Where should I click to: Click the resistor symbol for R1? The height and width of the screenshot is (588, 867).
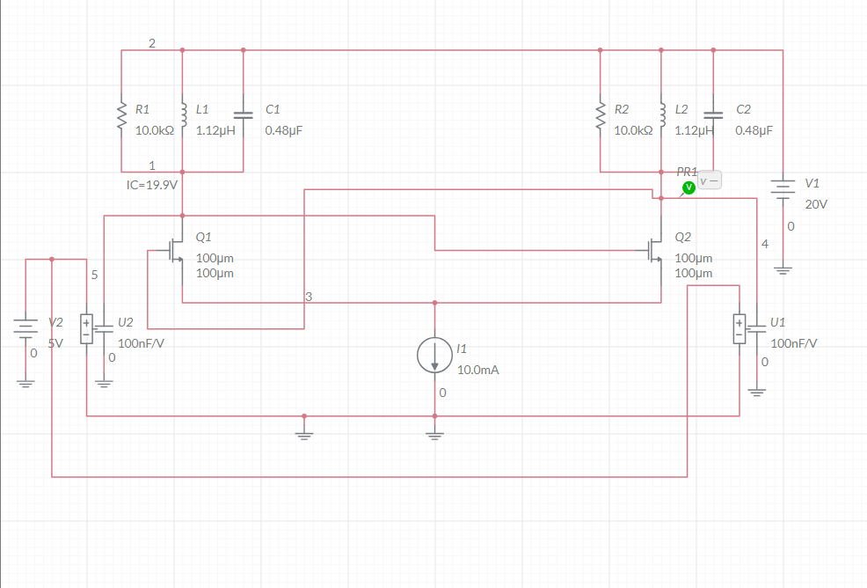pyautogui.click(x=121, y=114)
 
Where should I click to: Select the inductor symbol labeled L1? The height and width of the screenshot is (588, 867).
pyautogui.click(x=183, y=114)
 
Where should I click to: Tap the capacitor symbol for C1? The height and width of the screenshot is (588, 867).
pyautogui.click(x=244, y=114)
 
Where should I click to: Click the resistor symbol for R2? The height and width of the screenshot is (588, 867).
pyautogui.click(x=601, y=114)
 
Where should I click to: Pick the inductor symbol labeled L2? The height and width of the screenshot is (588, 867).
pyautogui.click(x=662, y=114)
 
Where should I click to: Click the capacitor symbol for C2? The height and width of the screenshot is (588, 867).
pyautogui.click(x=713, y=114)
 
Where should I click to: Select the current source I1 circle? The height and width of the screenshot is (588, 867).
pyautogui.click(x=434, y=354)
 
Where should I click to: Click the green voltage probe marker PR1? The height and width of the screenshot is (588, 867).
pyautogui.click(x=688, y=187)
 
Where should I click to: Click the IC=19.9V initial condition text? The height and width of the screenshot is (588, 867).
pyautogui.click(x=152, y=185)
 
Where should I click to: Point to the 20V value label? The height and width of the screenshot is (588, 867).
pyautogui.click(x=816, y=203)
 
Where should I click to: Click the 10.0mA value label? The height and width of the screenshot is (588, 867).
pyautogui.click(x=477, y=370)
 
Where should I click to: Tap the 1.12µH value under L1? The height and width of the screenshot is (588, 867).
pyautogui.click(x=215, y=130)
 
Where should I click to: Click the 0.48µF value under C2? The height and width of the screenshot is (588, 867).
pyautogui.click(x=754, y=130)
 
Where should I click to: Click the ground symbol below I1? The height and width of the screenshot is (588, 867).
pyautogui.click(x=434, y=434)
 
